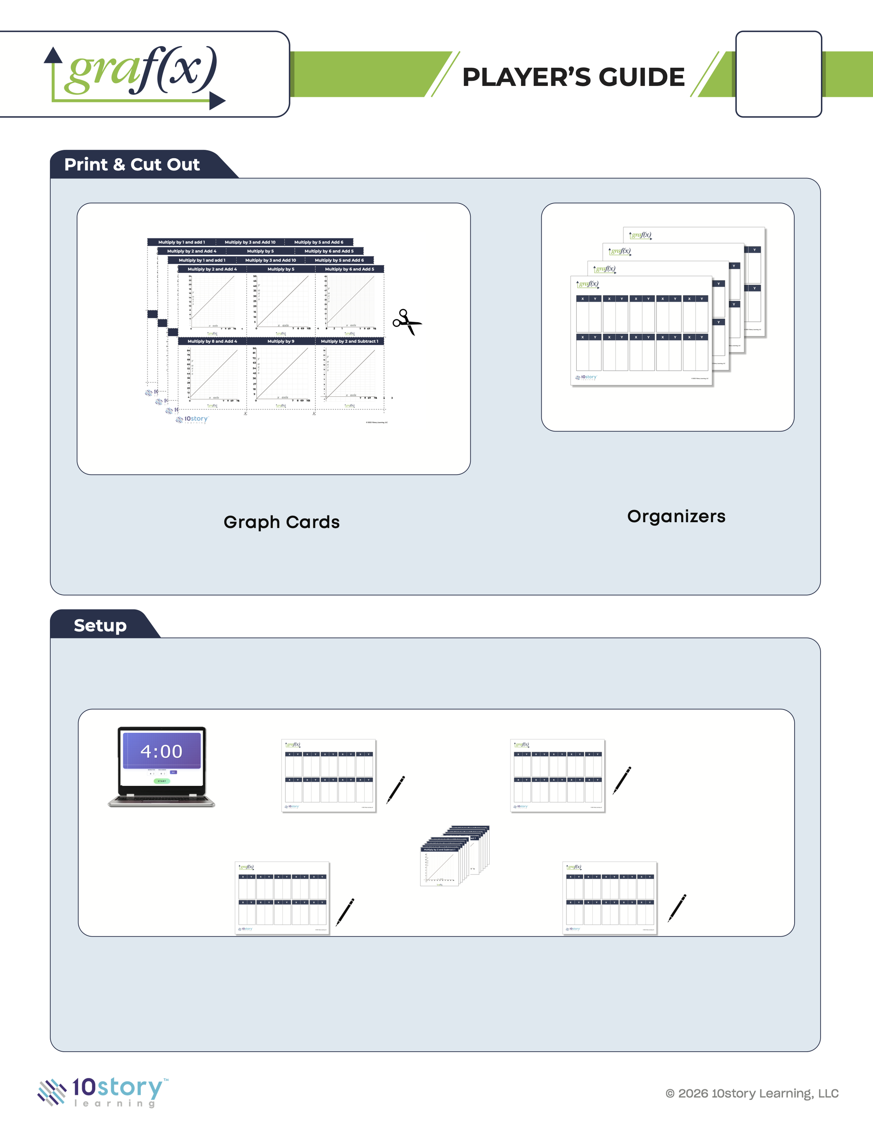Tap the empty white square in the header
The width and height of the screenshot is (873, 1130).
[x=778, y=74]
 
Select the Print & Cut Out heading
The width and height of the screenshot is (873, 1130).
[x=132, y=165]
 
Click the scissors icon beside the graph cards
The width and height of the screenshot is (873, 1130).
[x=407, y=322]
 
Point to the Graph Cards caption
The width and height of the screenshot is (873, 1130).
[x=281, y=522]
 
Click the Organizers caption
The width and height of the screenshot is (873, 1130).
[x=676, y=516]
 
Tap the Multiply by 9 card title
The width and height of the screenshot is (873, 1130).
[x=281, y=342]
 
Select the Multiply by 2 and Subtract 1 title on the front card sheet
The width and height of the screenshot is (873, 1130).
[x=350, y=342]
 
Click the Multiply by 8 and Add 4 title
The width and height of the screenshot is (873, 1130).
[x=212, y=342]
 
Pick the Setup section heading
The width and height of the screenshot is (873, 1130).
[x=100, y=626]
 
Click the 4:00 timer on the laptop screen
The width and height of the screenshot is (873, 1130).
[x=161, y=751]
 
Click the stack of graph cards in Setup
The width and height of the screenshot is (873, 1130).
[x=454, y=856]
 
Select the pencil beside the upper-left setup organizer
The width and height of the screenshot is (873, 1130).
[x=396, y=789]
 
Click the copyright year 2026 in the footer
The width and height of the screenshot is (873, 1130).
[x=693, y=1093]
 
